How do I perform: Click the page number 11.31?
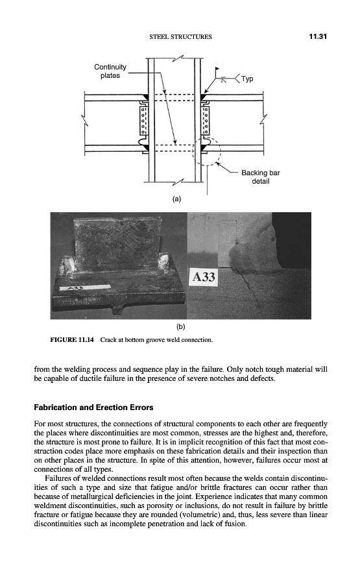coord(318,36)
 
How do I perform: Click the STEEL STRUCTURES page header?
coord(180,37)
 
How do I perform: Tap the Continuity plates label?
coord(110,71)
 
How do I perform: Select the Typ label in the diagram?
coord(247,79)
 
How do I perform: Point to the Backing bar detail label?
coord(261,177)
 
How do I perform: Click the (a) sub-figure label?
coord(176,199)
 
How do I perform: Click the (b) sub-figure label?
coord(180,326)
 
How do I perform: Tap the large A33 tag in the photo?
coord(204,277)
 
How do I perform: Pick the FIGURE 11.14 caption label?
coord(72,339)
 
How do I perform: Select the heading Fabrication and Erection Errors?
coord(93,407)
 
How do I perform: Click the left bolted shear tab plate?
coord(143,120)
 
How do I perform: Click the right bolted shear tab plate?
coord(205,120)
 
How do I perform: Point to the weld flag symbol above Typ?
coord(217,69)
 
